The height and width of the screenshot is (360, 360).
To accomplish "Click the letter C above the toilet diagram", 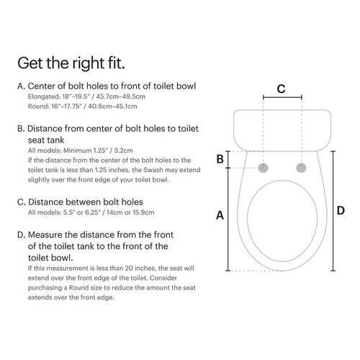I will (282, 89).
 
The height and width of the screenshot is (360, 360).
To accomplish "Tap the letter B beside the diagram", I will (220, 159).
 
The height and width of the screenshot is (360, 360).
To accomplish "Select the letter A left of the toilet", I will (220, 215).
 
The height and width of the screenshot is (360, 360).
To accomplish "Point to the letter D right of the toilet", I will (341, 210).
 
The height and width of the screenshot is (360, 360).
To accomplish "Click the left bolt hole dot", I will (264, 167).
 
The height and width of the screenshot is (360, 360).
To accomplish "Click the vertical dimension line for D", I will (332, 210).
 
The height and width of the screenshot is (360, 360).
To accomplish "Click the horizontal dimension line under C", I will (282, 100).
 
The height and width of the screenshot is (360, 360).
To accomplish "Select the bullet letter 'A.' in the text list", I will (21, 86).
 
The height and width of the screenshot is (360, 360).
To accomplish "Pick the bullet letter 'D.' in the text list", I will (21, 235).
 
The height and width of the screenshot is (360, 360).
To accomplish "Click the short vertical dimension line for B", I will (229, 159).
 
